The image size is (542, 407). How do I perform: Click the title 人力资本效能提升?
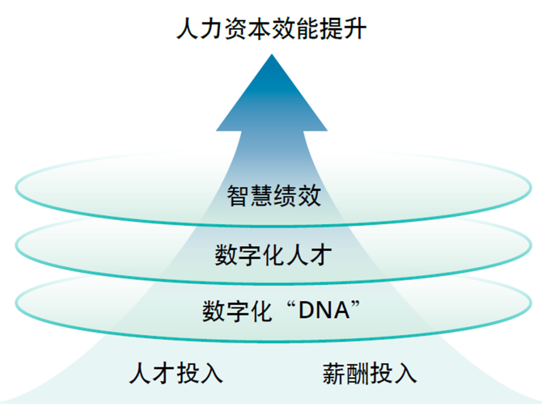tap(272, 29)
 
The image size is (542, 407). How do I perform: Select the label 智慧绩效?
tap(274, 195)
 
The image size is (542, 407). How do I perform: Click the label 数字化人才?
tap(274, 255)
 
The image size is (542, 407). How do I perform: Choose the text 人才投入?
tap(176, 373)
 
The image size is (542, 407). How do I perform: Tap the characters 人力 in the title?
tap(200, 29)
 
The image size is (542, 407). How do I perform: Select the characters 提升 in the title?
tap(343, 29)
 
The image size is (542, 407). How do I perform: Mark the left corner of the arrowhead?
tap(217, 130)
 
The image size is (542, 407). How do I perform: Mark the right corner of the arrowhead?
tap(327, 130)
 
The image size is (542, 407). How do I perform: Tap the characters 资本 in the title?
tap(247, 29)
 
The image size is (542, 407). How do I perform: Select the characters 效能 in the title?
tap(296, 29)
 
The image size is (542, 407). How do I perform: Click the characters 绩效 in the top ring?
tap(297, 195)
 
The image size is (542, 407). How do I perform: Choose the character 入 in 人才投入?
tap(211, 373)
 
